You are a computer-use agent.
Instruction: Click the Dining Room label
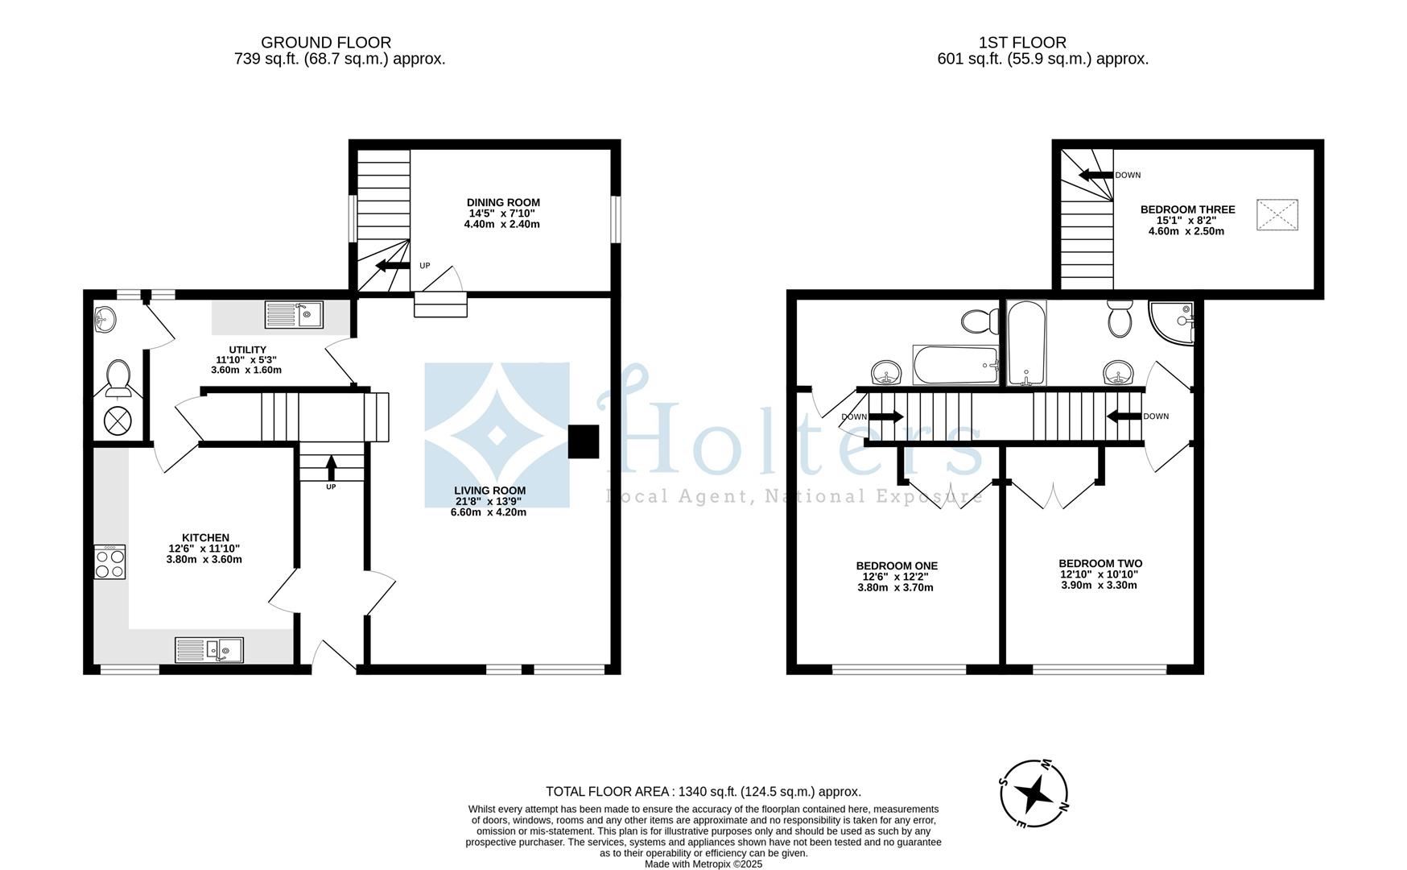tap(503, 202)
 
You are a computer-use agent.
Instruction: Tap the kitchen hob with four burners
tap(110, 561)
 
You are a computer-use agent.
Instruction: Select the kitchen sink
tap(209, 649)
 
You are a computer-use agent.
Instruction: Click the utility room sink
tap(294, 314)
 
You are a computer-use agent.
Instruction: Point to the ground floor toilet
tap(118, 379)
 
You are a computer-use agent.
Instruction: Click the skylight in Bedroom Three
tap(1277, 214)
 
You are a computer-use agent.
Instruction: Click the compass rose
tap(1034, 793)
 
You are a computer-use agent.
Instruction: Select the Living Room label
tap(489, 490)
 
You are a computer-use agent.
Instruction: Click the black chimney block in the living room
tap(584, 441)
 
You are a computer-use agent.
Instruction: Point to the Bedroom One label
tap(897, 565)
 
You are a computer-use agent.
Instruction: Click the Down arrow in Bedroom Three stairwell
tap(1095, 175)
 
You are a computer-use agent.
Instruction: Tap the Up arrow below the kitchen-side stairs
tap(331, 468)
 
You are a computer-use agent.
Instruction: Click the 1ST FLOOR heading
tap(1022, 43)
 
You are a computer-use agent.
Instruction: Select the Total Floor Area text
tap(703, 792)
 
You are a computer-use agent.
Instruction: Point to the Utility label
tap(247, 350)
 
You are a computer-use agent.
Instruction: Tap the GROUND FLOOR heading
tap(326, 43)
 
